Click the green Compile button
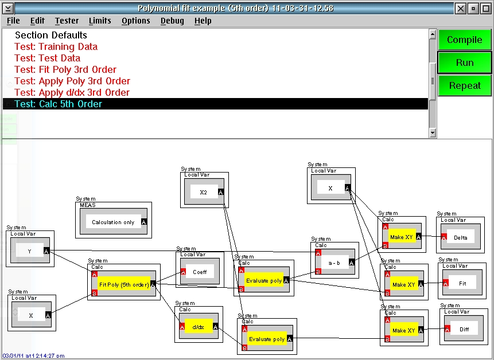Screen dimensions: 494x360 pyautogui.click(x=464, y=40)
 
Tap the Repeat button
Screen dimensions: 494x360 pyautogui.click(x=464, y=85)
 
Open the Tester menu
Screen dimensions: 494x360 pyautogui.click(x=67, y=21)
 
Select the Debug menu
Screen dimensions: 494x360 pyautogui.click(x=172, y=21)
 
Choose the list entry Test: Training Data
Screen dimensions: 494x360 pyautogui.click(x=56, y=46)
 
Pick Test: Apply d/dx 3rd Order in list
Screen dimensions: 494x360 pyautogui.click(x=72, y=92)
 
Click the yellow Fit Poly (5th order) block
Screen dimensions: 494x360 pyautogui.click(x=124, y=284)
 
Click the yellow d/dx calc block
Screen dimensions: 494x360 pyautogui.click(x=198, y=327)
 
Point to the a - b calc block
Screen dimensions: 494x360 pyautogui.click(x=334, y=263)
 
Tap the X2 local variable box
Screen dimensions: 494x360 pyautogui.click(x=204, y=192)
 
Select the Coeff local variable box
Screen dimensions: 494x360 pyautogui.click(x=200, y=272)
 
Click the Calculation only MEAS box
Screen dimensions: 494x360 pyautogui.click(x=114, y=222)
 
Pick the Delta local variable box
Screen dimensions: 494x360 pyautogui.click(x=460, y=237)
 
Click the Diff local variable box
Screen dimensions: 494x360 pyautogui.click(x=464, y=329)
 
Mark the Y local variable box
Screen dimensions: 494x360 pyautogui.click(x=30, y=251)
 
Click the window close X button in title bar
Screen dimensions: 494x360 pyautogui.click(x=460, y=9)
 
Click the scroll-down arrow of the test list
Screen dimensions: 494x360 pyautogui.click(x=433, y=133)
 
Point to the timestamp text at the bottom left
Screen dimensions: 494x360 pyautogui.click(x=33, y=356)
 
